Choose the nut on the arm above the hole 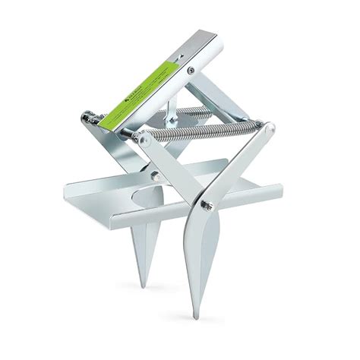coord(156,176)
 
